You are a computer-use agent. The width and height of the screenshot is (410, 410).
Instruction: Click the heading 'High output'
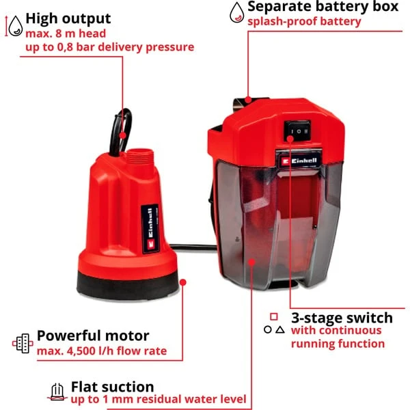tap(68, 18)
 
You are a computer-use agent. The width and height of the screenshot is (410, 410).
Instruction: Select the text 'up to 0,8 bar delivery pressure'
tap(109, 46)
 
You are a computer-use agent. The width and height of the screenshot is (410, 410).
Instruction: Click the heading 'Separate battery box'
tap(323, 8)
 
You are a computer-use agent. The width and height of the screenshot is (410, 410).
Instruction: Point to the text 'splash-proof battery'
tap(304, 22)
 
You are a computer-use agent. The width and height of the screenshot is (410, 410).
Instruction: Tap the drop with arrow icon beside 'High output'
tap(12, 24)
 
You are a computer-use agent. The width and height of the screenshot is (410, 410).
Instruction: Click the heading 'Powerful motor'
tap(93, 336)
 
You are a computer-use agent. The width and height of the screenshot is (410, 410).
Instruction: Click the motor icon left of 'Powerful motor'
tap(23, 343)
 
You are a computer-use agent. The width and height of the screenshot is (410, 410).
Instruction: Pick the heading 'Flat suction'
tap(112, 387)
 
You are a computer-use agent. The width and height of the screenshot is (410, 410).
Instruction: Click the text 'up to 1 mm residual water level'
tap(157, 400)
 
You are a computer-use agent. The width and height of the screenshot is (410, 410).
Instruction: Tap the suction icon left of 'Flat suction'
tap(57, 392)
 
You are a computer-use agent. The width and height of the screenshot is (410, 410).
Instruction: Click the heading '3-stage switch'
tap(342, 317)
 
